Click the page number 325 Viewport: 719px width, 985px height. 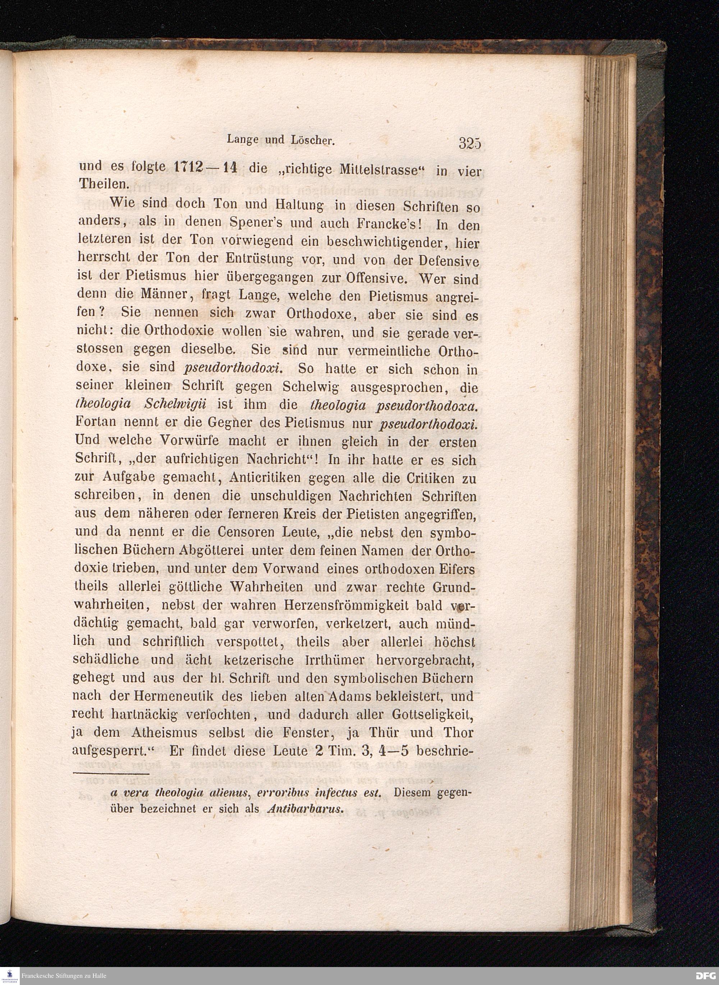click(x=469, y=143)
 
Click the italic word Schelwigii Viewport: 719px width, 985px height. click(x=174, y=404)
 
